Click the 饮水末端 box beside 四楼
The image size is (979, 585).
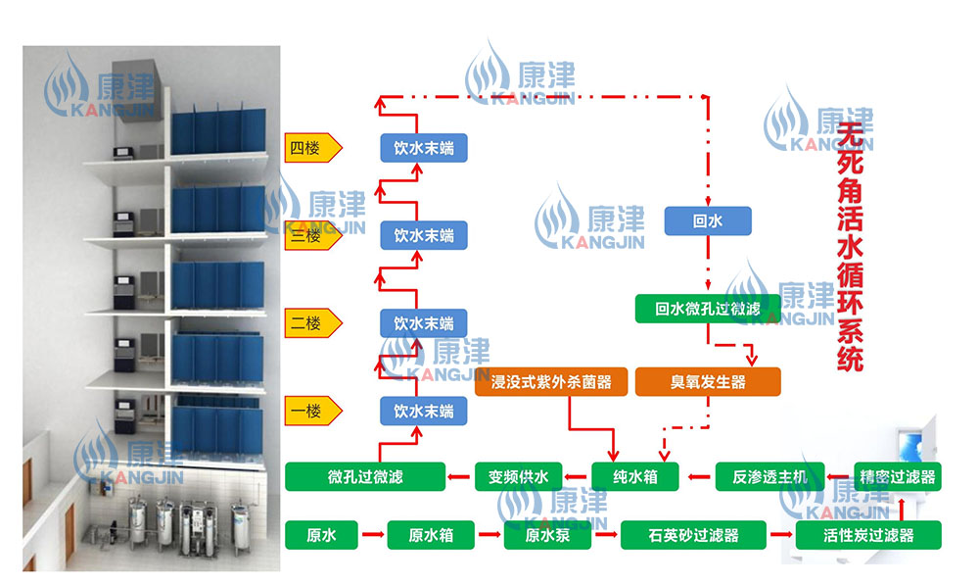pos(424,149)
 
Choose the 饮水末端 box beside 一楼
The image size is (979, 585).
pos(424,411)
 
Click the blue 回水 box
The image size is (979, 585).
pos(707,221)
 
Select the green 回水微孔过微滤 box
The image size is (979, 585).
pos(707,310)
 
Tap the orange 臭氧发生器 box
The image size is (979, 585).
pos(707,381)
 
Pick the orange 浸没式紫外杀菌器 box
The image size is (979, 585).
pos(549,381)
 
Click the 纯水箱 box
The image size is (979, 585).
pos(636,477)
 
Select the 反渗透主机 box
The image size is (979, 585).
pos(764,477)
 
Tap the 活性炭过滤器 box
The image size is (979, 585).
pos(868,535)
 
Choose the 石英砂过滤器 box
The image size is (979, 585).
pos(692,535)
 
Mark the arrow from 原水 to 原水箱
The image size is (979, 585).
pos(372,535)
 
